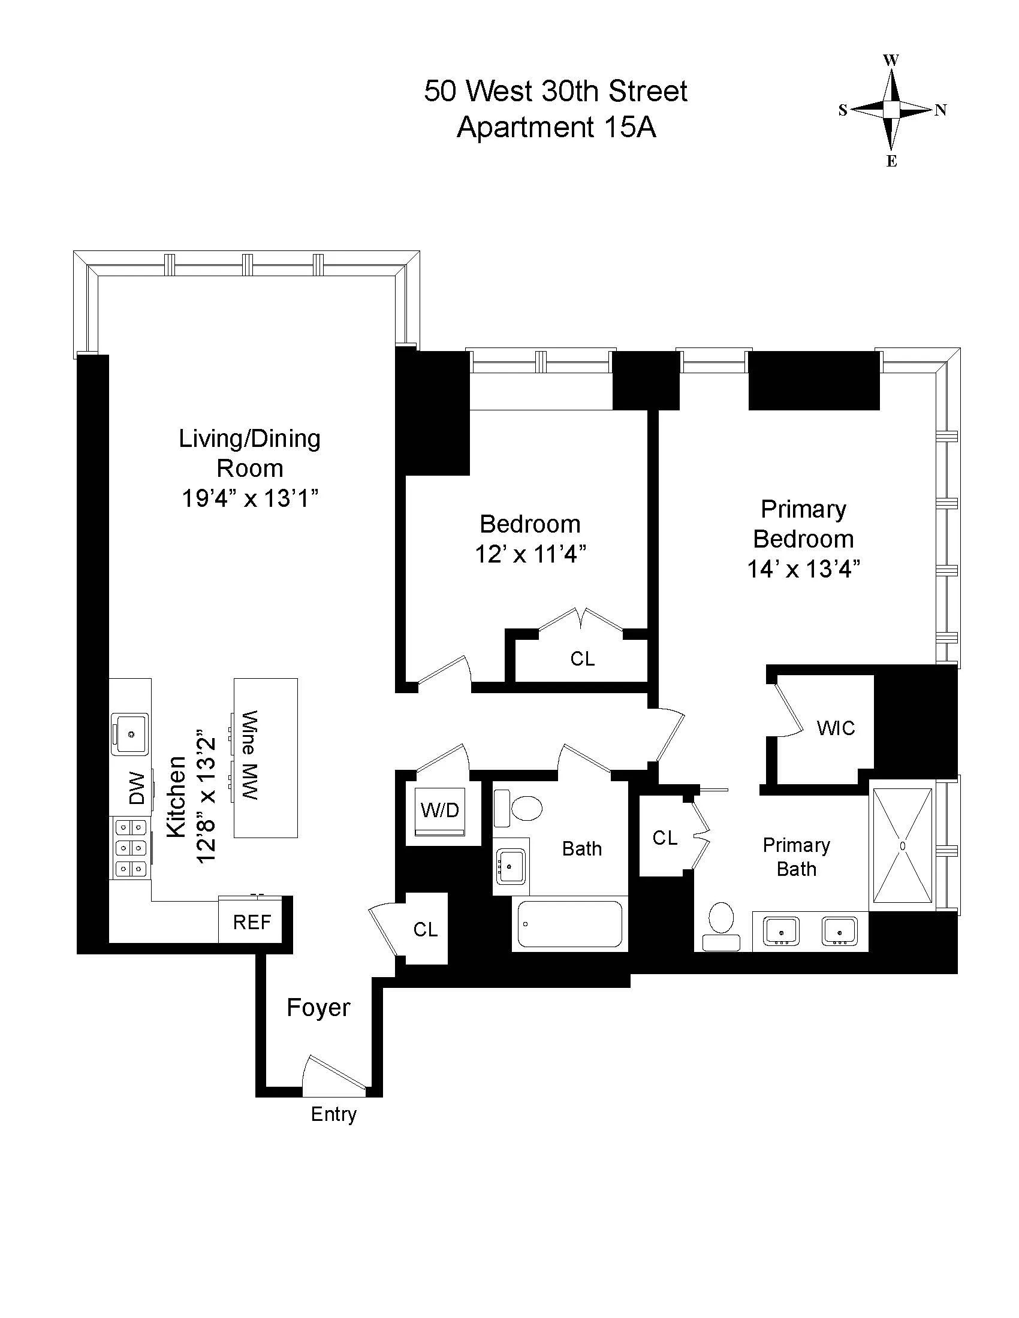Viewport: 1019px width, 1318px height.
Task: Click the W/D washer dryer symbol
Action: click(440, 811)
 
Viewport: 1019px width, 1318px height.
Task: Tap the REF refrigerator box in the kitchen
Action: click(252, 921)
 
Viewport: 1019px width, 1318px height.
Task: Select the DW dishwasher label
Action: click(137, 788)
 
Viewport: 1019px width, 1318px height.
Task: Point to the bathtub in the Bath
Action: click(570, 924)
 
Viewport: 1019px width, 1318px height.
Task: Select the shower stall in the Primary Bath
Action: click(903, 845)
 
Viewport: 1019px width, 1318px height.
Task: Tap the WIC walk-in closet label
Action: click(836, 728)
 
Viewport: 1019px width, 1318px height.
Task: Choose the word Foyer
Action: click(318, 1007)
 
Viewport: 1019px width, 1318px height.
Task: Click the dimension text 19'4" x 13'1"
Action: click(250, 498)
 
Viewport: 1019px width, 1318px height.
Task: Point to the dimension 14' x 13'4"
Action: click(803, 569)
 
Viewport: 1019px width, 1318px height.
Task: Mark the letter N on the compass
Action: click(940, 110)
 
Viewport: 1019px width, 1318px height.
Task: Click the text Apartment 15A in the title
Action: click(556, 128)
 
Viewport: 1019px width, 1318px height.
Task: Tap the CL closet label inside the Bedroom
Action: click(582, 658)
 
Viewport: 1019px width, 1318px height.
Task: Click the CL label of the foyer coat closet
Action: click(425, 929)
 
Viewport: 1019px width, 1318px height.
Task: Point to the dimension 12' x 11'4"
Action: click(530, 554)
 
